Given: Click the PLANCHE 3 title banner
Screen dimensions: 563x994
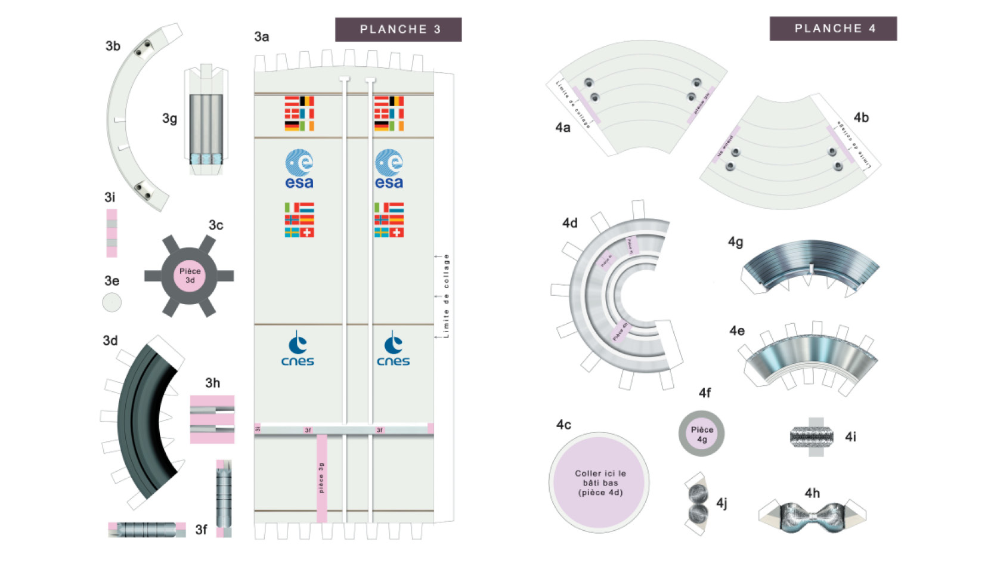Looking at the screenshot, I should pos(398,29).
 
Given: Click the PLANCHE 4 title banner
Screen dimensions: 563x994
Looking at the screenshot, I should pos(833,29).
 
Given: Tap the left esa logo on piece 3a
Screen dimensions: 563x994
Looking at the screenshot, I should pos(299,169).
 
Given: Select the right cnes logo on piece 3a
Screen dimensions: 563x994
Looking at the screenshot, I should pos(393,349).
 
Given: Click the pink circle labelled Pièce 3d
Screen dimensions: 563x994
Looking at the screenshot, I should pos(190,276).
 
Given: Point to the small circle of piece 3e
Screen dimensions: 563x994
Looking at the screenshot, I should pos(112,302).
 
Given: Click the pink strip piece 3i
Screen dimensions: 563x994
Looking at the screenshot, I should pos(112,233).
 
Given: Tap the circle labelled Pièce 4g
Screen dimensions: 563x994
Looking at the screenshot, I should pos(701,434).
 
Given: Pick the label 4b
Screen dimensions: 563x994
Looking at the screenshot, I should pos(860,117).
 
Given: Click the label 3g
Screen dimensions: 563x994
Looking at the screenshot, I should pos(169,119).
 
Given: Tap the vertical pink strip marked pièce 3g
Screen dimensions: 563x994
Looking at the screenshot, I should pos(321,477).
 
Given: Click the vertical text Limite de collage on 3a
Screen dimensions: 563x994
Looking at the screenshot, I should pos(446,296).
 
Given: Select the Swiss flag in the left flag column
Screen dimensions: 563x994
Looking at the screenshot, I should pos(306,232).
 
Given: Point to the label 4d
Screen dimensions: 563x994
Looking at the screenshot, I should pos(569,223).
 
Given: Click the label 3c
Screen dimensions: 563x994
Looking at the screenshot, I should pos(215,225).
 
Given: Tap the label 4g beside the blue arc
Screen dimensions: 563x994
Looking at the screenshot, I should pos(735,242).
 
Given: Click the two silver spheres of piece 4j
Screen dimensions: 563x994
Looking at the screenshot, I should pos(697,503).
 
